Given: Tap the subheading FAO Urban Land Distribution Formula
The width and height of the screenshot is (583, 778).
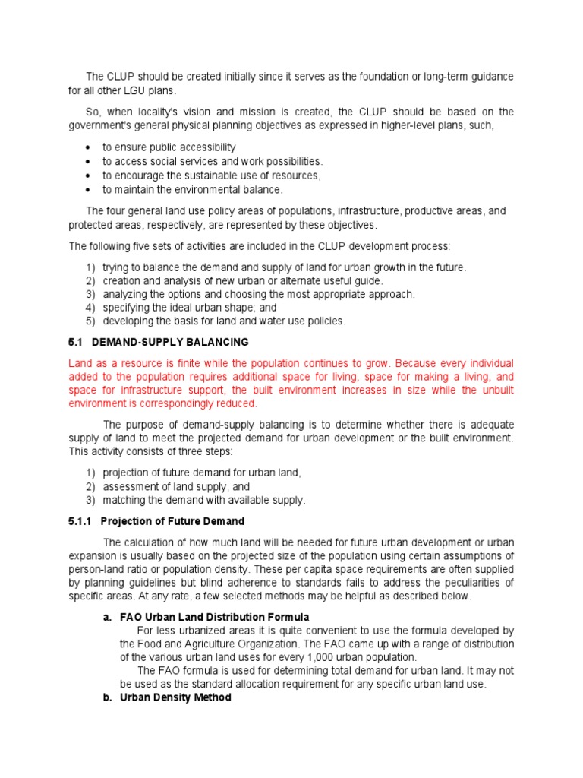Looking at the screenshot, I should pos(215,617).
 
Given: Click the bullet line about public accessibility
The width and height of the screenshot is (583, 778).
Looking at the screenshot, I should pos(169,147).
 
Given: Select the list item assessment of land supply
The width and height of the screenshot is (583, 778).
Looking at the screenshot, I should pos(177,486).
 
